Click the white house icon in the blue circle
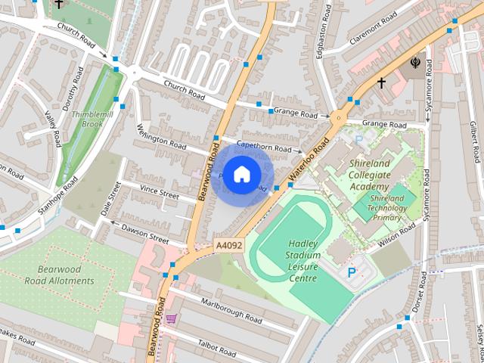pos(240,175)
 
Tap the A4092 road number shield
pos(228,246)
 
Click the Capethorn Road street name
pos(263,145)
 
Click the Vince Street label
pos(159,194)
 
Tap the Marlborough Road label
pos(231,311)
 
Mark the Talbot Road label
pos(216,346)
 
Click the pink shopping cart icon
pos(172,319)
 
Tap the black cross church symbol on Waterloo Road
pos(381,82)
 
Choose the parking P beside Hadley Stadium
pos(351,271)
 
